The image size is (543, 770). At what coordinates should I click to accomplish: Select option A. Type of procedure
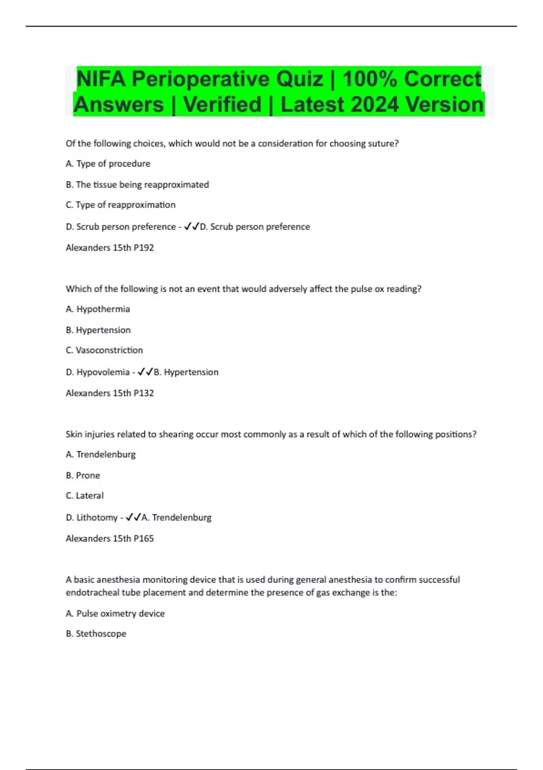[x=108, y=164]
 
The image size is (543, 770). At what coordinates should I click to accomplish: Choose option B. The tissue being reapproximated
[x=137, y=184]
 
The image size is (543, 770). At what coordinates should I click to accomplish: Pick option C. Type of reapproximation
[x=120, y=205]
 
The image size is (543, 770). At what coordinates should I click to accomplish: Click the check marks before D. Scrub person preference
[x=191, y=226]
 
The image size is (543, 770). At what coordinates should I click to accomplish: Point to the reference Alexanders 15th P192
[x=110, y=248]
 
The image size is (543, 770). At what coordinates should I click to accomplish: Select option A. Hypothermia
[x=98, y=309]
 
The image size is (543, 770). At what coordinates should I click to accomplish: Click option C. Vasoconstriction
[x=104, y=350]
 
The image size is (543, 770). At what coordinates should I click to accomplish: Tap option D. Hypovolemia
[x=97, y=372]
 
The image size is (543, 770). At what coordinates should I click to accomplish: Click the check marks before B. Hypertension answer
[x=145, y=372]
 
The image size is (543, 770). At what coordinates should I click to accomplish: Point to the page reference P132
[x=143, y=393]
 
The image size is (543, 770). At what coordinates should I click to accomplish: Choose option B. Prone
[x=83, y=475]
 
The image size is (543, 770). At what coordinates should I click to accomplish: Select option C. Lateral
[x=85, y=496]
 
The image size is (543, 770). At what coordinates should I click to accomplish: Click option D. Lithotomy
[x=91, y=517]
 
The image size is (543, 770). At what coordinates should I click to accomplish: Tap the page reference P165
[x=143, y=539]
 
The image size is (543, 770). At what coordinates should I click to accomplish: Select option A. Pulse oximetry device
[x=115, y=613]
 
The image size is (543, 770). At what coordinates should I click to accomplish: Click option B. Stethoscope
[x=96, y=634]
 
